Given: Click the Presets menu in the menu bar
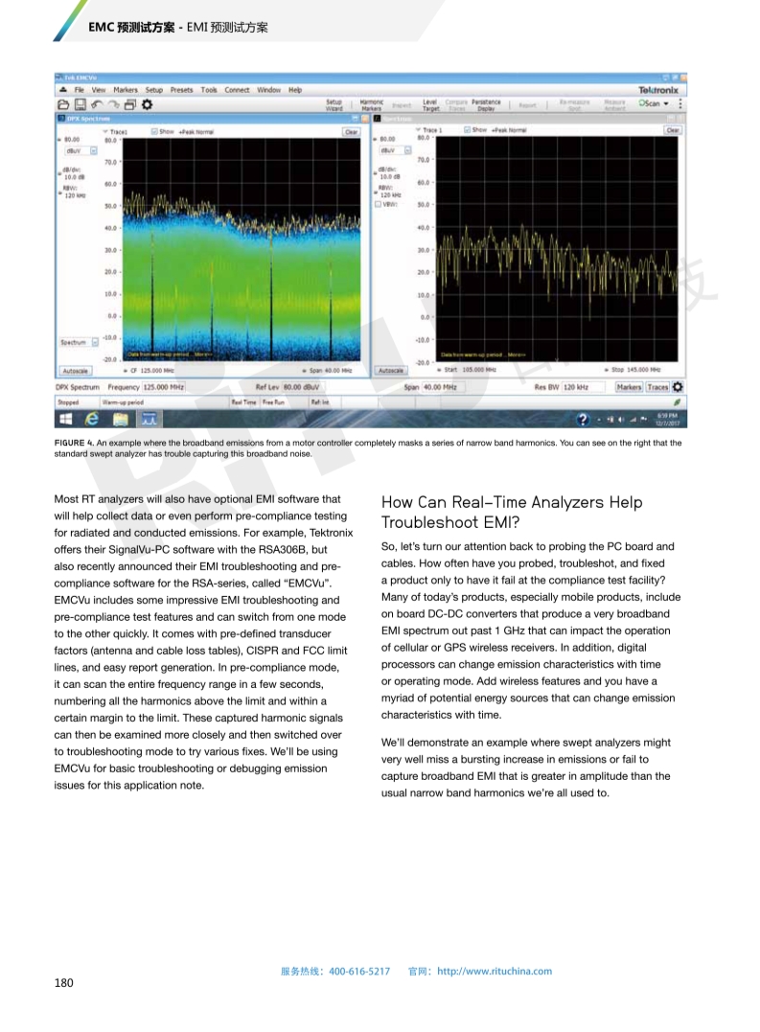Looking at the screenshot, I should pos(181,90).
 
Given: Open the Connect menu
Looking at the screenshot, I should pos(237,90).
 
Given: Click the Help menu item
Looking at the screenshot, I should pos(295,90).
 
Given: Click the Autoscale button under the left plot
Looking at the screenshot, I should pos(76,370).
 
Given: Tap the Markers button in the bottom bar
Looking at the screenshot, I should pos(629,387).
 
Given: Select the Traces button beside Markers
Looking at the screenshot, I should pos(657,387).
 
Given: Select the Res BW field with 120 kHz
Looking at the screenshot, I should pos(582,387).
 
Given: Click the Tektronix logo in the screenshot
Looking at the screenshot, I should pos(657,90).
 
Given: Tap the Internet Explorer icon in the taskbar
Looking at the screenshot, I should pos(93,419).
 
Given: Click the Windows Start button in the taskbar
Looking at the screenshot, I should pos(66,419).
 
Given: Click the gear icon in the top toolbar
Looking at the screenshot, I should pos(147,103).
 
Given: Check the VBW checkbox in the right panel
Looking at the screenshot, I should pos(379,204).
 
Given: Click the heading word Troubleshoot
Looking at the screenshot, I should pos(428,522).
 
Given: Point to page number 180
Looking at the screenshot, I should pos(63,982).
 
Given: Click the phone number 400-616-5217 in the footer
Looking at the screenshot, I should pos(359,971).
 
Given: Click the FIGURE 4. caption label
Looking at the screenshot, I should pos(73,443).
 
